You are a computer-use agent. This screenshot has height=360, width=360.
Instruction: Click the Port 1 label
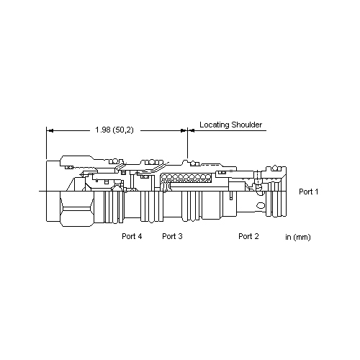[x=308, y=192]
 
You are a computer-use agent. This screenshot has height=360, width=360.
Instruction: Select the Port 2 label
[x=248, y=236]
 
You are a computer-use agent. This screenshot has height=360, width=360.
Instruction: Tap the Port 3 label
[x=172, y=236]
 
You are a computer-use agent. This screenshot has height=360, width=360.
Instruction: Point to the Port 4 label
[x=132, y=236]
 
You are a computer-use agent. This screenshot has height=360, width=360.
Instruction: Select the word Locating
[x=215, y=125]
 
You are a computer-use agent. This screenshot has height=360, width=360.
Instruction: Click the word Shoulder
[x=247, y=125]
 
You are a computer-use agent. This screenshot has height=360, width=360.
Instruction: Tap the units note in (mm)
[x=298, y=237]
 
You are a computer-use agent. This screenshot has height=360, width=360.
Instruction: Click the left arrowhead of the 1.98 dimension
[x=50, y=130]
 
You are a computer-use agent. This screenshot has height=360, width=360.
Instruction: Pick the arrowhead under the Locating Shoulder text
[x=191, y=130]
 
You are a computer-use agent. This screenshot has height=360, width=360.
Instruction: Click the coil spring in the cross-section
[x=186, y=178]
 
